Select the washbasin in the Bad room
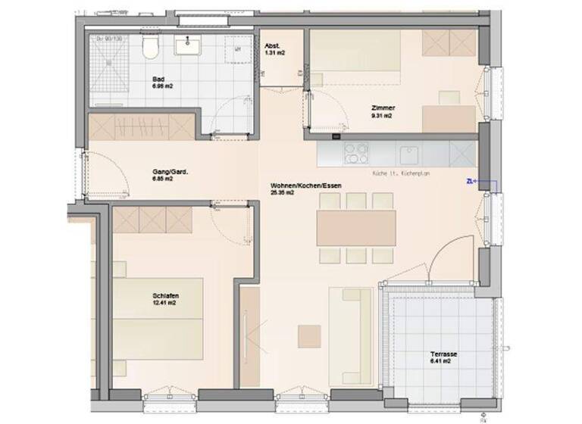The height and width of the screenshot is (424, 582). [186, 48]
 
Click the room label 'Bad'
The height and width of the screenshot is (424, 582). [158, 79]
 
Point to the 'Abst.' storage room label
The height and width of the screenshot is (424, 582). [273, 46]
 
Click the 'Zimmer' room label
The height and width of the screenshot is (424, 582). [383, 108]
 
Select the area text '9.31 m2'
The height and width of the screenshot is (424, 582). [382, 117]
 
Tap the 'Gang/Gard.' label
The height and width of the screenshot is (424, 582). [170, 173]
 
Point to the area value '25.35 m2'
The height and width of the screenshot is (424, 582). [282, 193]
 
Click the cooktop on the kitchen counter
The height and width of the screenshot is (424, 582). [356, 154]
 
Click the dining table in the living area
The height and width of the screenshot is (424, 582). [356, 227]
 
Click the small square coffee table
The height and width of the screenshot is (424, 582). [309, 335]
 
